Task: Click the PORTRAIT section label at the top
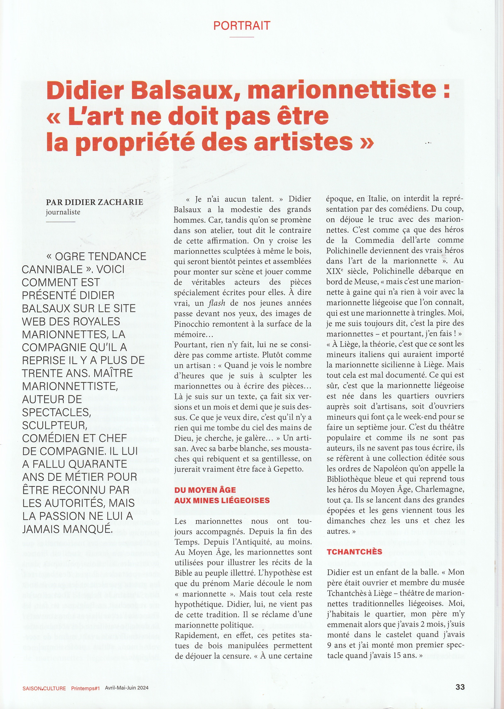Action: (242, 25)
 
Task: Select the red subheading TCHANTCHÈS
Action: (354, 551)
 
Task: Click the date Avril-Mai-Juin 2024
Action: (127, 688)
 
